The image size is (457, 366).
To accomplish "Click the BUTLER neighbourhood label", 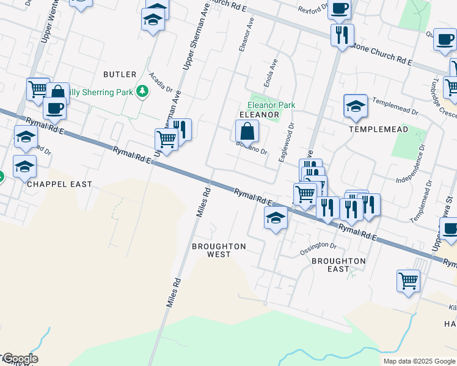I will coord(120,74).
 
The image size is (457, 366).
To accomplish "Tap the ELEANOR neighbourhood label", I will coord(259,115).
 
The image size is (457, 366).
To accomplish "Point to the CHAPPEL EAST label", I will coord(59,184).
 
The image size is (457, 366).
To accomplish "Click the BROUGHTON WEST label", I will coord(219,250).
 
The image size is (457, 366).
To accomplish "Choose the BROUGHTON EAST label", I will coord(338,265).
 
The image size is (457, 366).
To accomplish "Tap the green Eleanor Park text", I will coord(271,105).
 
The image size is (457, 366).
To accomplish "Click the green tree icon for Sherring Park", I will coord(142,92).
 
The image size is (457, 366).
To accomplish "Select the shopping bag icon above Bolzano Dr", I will coord(247,131).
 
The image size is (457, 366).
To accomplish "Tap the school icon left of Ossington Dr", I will coord(276,218).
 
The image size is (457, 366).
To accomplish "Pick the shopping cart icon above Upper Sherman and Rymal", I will coord(166,139).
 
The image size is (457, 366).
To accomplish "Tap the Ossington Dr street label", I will coord(318,248).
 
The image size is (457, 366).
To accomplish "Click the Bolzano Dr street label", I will coord(252,148).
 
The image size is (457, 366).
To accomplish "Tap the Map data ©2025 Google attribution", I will coord(419,361).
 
